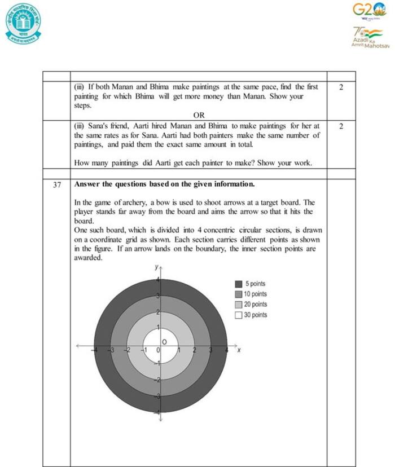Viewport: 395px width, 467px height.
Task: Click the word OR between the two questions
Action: point(199,115)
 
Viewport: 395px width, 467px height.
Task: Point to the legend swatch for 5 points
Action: point(239,284)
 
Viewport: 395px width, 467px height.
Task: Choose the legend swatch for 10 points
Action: point(239,294)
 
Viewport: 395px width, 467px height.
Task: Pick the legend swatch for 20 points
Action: point(239,305)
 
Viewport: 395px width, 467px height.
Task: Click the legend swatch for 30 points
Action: point(239,315)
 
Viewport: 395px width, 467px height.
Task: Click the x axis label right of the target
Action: point(239,350)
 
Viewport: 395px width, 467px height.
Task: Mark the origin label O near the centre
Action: point(165,342)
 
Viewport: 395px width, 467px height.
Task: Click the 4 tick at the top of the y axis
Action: point(158,280)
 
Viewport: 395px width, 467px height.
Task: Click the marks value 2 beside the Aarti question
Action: point(341,126)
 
